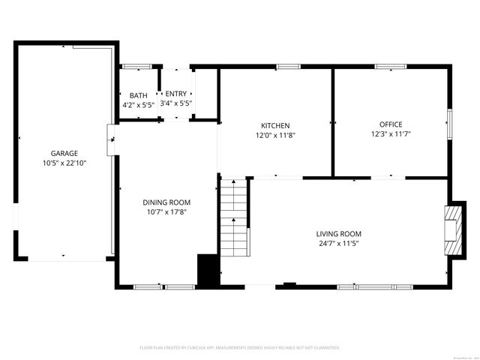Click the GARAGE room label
click(64, 153)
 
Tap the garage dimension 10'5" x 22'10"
click(64, 163)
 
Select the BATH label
click(139, 95)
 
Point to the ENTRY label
click(176, 94)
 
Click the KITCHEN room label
click(275, 125)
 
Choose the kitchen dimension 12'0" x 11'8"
click(275, 135)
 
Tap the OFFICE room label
click(391, 124)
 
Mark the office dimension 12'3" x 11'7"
click(391, 134)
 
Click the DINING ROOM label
click(166, 202)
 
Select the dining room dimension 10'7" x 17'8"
click(166, 212)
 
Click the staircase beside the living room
click(234, 217)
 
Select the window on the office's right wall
click(449, 124)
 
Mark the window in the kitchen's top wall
click(287, 67)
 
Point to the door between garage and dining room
click(111, 137)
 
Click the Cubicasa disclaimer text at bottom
click(240, 348)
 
